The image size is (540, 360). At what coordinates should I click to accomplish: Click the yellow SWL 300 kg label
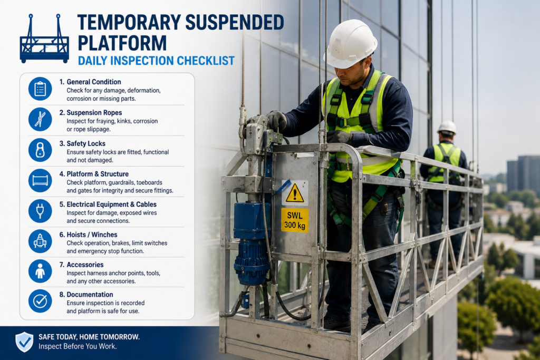294,220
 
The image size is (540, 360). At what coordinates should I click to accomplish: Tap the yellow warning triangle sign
295,194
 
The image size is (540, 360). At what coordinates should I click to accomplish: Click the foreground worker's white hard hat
350,44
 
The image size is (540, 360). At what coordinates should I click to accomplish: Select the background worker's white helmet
447,128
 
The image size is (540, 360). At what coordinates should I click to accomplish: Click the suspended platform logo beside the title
44,38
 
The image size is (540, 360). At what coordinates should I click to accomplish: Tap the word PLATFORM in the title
122,43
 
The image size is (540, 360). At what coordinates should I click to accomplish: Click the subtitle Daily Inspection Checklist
156,61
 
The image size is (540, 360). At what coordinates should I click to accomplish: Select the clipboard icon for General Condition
40,89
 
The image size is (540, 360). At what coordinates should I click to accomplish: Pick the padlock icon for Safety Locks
40,150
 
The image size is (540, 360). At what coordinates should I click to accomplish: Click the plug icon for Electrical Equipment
40,211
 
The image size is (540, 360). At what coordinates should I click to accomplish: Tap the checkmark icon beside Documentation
40,301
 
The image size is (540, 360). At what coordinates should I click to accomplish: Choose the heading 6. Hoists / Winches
88,235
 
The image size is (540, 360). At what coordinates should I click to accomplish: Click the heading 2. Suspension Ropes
91,113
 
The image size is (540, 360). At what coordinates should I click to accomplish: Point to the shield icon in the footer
24,342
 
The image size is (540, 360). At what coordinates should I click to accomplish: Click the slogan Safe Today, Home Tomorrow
89,337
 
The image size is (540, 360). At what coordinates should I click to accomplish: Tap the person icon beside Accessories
40,271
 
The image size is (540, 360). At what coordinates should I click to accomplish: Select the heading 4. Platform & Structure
94,174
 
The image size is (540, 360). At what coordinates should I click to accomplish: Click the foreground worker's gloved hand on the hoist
276,121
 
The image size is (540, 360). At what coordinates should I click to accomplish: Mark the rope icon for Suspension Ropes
40,119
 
